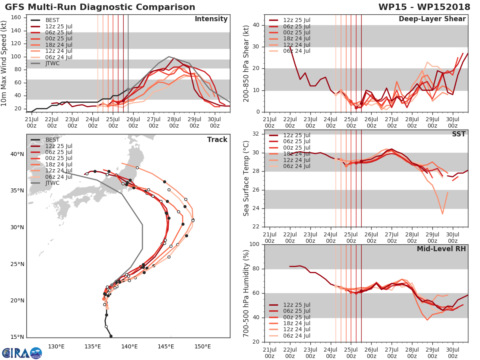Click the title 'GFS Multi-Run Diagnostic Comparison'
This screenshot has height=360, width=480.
click(x=100, y=7)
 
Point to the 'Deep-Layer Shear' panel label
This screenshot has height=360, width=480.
click(x=432, y=19)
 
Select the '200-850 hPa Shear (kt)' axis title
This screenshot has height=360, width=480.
click(x=246, y=63)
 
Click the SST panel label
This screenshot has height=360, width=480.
click(x=459, y=134)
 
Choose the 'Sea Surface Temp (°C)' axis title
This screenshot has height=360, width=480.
click(x=246, y=179)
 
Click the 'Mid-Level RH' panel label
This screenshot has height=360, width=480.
click(x=441, y=249)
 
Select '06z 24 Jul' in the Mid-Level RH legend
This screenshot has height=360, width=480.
click(x=297, y=336)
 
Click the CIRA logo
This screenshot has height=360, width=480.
click(x=22, y=353)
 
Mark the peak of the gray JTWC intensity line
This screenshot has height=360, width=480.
click(x=169, y=56)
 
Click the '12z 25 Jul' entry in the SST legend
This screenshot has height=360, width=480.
click(x=297, y=135)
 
